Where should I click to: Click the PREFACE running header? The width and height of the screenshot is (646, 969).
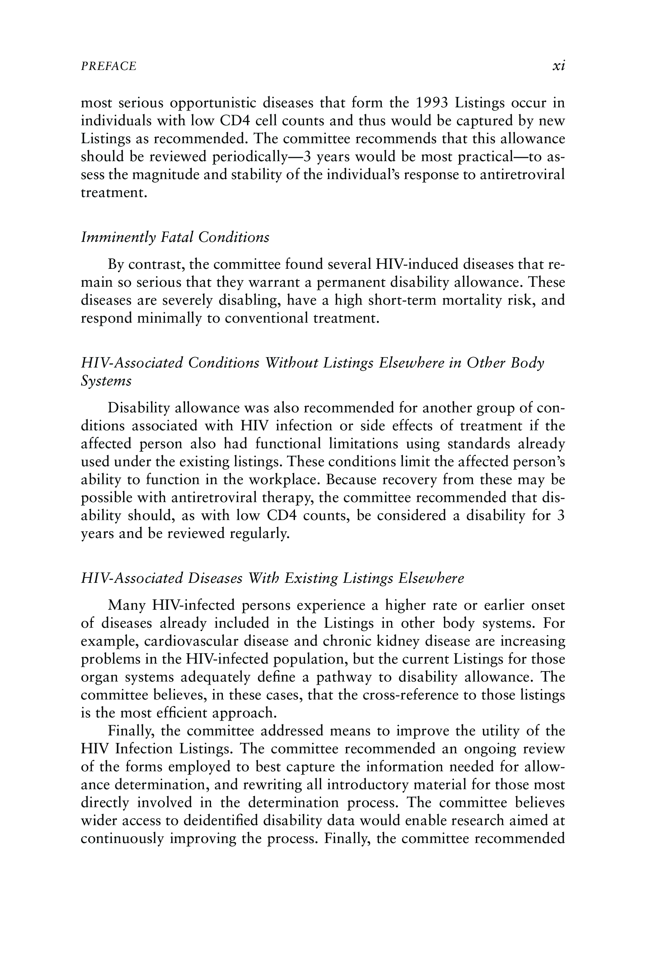pyautogui.click(x=108, y=66)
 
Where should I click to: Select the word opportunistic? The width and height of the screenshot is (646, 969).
pyautogui.click(x=212, y=103)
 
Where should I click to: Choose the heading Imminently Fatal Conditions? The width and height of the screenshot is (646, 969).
pyautogui.click(x=175, y=237)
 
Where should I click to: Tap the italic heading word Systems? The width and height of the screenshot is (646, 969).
pyautogui.click(x=106, y=381)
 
